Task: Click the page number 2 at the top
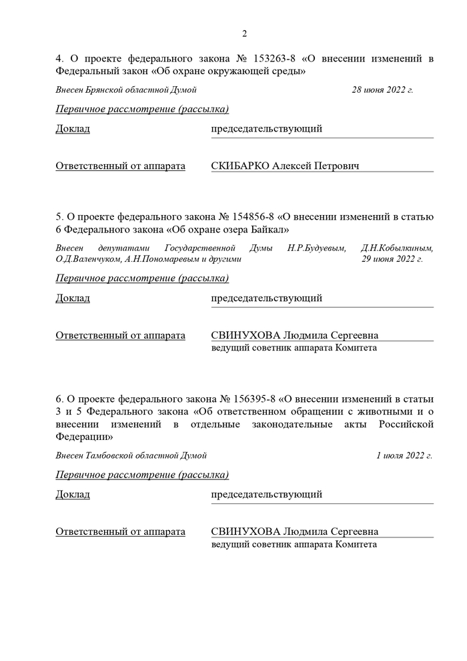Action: (x=245, y=34)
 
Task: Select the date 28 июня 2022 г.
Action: (x=382, y=89)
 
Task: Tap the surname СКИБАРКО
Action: (x=240, y=166)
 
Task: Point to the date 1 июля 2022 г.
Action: (x=404, y=455)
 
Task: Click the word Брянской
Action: (x=106, y=89)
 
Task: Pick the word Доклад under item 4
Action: (x=73, y=129)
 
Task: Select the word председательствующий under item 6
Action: (x=266, y=495)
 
